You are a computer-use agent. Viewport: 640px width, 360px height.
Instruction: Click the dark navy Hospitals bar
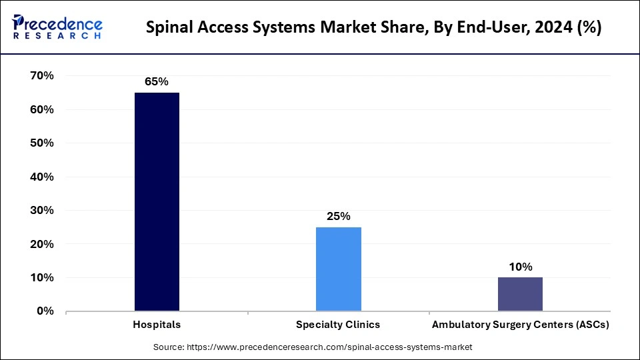[x=157, y=201]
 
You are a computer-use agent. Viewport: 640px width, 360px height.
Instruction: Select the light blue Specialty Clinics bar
[x=339, y=269]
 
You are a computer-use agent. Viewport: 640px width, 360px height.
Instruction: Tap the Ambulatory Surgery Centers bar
[x=520, y=294]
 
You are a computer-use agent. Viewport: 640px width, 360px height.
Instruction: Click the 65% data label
[x=157, y=81]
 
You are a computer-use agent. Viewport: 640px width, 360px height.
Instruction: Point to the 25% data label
[x=339, y=216]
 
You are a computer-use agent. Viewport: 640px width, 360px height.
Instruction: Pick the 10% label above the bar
[x=520, y=267]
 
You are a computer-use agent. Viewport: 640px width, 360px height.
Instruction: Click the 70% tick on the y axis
[x=41, y=76]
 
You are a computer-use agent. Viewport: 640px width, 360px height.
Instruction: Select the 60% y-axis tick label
[x=41, y=109]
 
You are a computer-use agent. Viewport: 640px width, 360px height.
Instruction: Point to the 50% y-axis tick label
[x=41, y=143]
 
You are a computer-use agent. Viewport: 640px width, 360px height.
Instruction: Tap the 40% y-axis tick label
[x=41, y=177]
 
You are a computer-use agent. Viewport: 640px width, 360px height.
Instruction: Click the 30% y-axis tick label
[x=41, y=210]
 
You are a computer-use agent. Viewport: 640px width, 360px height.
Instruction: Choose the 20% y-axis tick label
[x=41, y=244]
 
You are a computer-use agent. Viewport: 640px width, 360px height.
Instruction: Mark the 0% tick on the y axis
[x=45, y=311]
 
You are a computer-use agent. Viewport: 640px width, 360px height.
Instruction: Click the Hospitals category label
[x=157, y=325]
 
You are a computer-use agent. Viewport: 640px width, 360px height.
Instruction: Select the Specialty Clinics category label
[x=339, y=325]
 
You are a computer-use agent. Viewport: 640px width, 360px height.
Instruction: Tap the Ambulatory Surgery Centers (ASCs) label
[x=520, y=325]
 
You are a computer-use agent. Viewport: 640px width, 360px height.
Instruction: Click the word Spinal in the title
[x=168, y=28]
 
